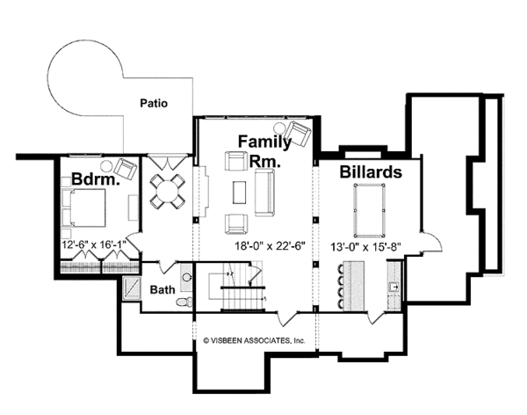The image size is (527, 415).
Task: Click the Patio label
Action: pos(154,103)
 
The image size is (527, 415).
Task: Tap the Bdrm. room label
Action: pos(96,179)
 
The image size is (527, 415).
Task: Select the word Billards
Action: pos(371,171)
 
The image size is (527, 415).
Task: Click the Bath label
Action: pos(162,289)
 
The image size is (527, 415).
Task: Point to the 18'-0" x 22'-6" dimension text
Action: pos(270,246)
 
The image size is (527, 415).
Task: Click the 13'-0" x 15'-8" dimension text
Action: pos(365,247)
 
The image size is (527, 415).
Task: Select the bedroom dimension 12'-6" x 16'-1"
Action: pos(94,244)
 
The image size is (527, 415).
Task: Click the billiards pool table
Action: pos(369,210)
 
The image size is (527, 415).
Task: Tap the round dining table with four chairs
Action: pos(168,190)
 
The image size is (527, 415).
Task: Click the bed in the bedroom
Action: pos(83,208)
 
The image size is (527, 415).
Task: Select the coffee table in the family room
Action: pos(239,193)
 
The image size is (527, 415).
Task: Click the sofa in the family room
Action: pos(264,193)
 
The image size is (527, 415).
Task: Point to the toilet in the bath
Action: pos(184,302)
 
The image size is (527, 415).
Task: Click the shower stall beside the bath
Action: pos(132,288)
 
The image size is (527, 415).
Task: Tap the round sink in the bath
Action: pos(187,278)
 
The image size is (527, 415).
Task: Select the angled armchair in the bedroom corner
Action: pos(125,168)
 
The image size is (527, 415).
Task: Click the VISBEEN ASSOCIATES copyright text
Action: pos(255,340)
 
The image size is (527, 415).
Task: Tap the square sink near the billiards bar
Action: pos(393,288)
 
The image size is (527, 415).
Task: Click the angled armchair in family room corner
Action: pos(300,134)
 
